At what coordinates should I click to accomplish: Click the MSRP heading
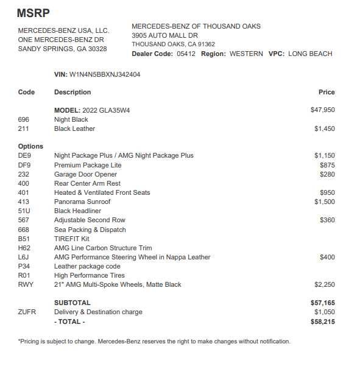pyautogui.click(x=34, y=12)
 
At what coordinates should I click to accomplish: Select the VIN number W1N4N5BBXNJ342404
pyautogui.click(x=105, y=74)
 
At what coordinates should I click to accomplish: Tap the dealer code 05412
pyautogui.click(x=186, y=54)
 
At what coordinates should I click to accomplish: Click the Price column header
pyautogui.click(x=326, y=92)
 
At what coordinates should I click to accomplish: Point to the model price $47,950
pyautogui.click(x=322, y=110)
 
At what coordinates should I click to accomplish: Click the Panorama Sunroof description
pyautogui.click(x=82, y=202)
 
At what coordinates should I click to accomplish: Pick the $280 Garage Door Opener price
pyautogui.click(x=327, y=174)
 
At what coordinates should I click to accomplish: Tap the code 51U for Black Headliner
pyautogui.click(x=24, y=211)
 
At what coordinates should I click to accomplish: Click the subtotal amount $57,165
pyautogui.click(x=322, y=303)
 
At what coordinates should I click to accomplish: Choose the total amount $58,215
pyautogui.click(x=322, y=322)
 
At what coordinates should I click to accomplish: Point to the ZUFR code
pyautogui.click(x=27, y=312)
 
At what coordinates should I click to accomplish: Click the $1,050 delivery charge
pyautogui.click(x=324, y=312)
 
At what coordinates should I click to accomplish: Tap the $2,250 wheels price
pyautogui.click(x=324, y=284)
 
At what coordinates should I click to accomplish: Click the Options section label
pyautogui.click(x=30, y=146)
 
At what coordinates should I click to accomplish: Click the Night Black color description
pyautogui.click(x=71, y=119)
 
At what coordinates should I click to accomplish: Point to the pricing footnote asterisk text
pyautogui.click(x=154, y=341)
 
